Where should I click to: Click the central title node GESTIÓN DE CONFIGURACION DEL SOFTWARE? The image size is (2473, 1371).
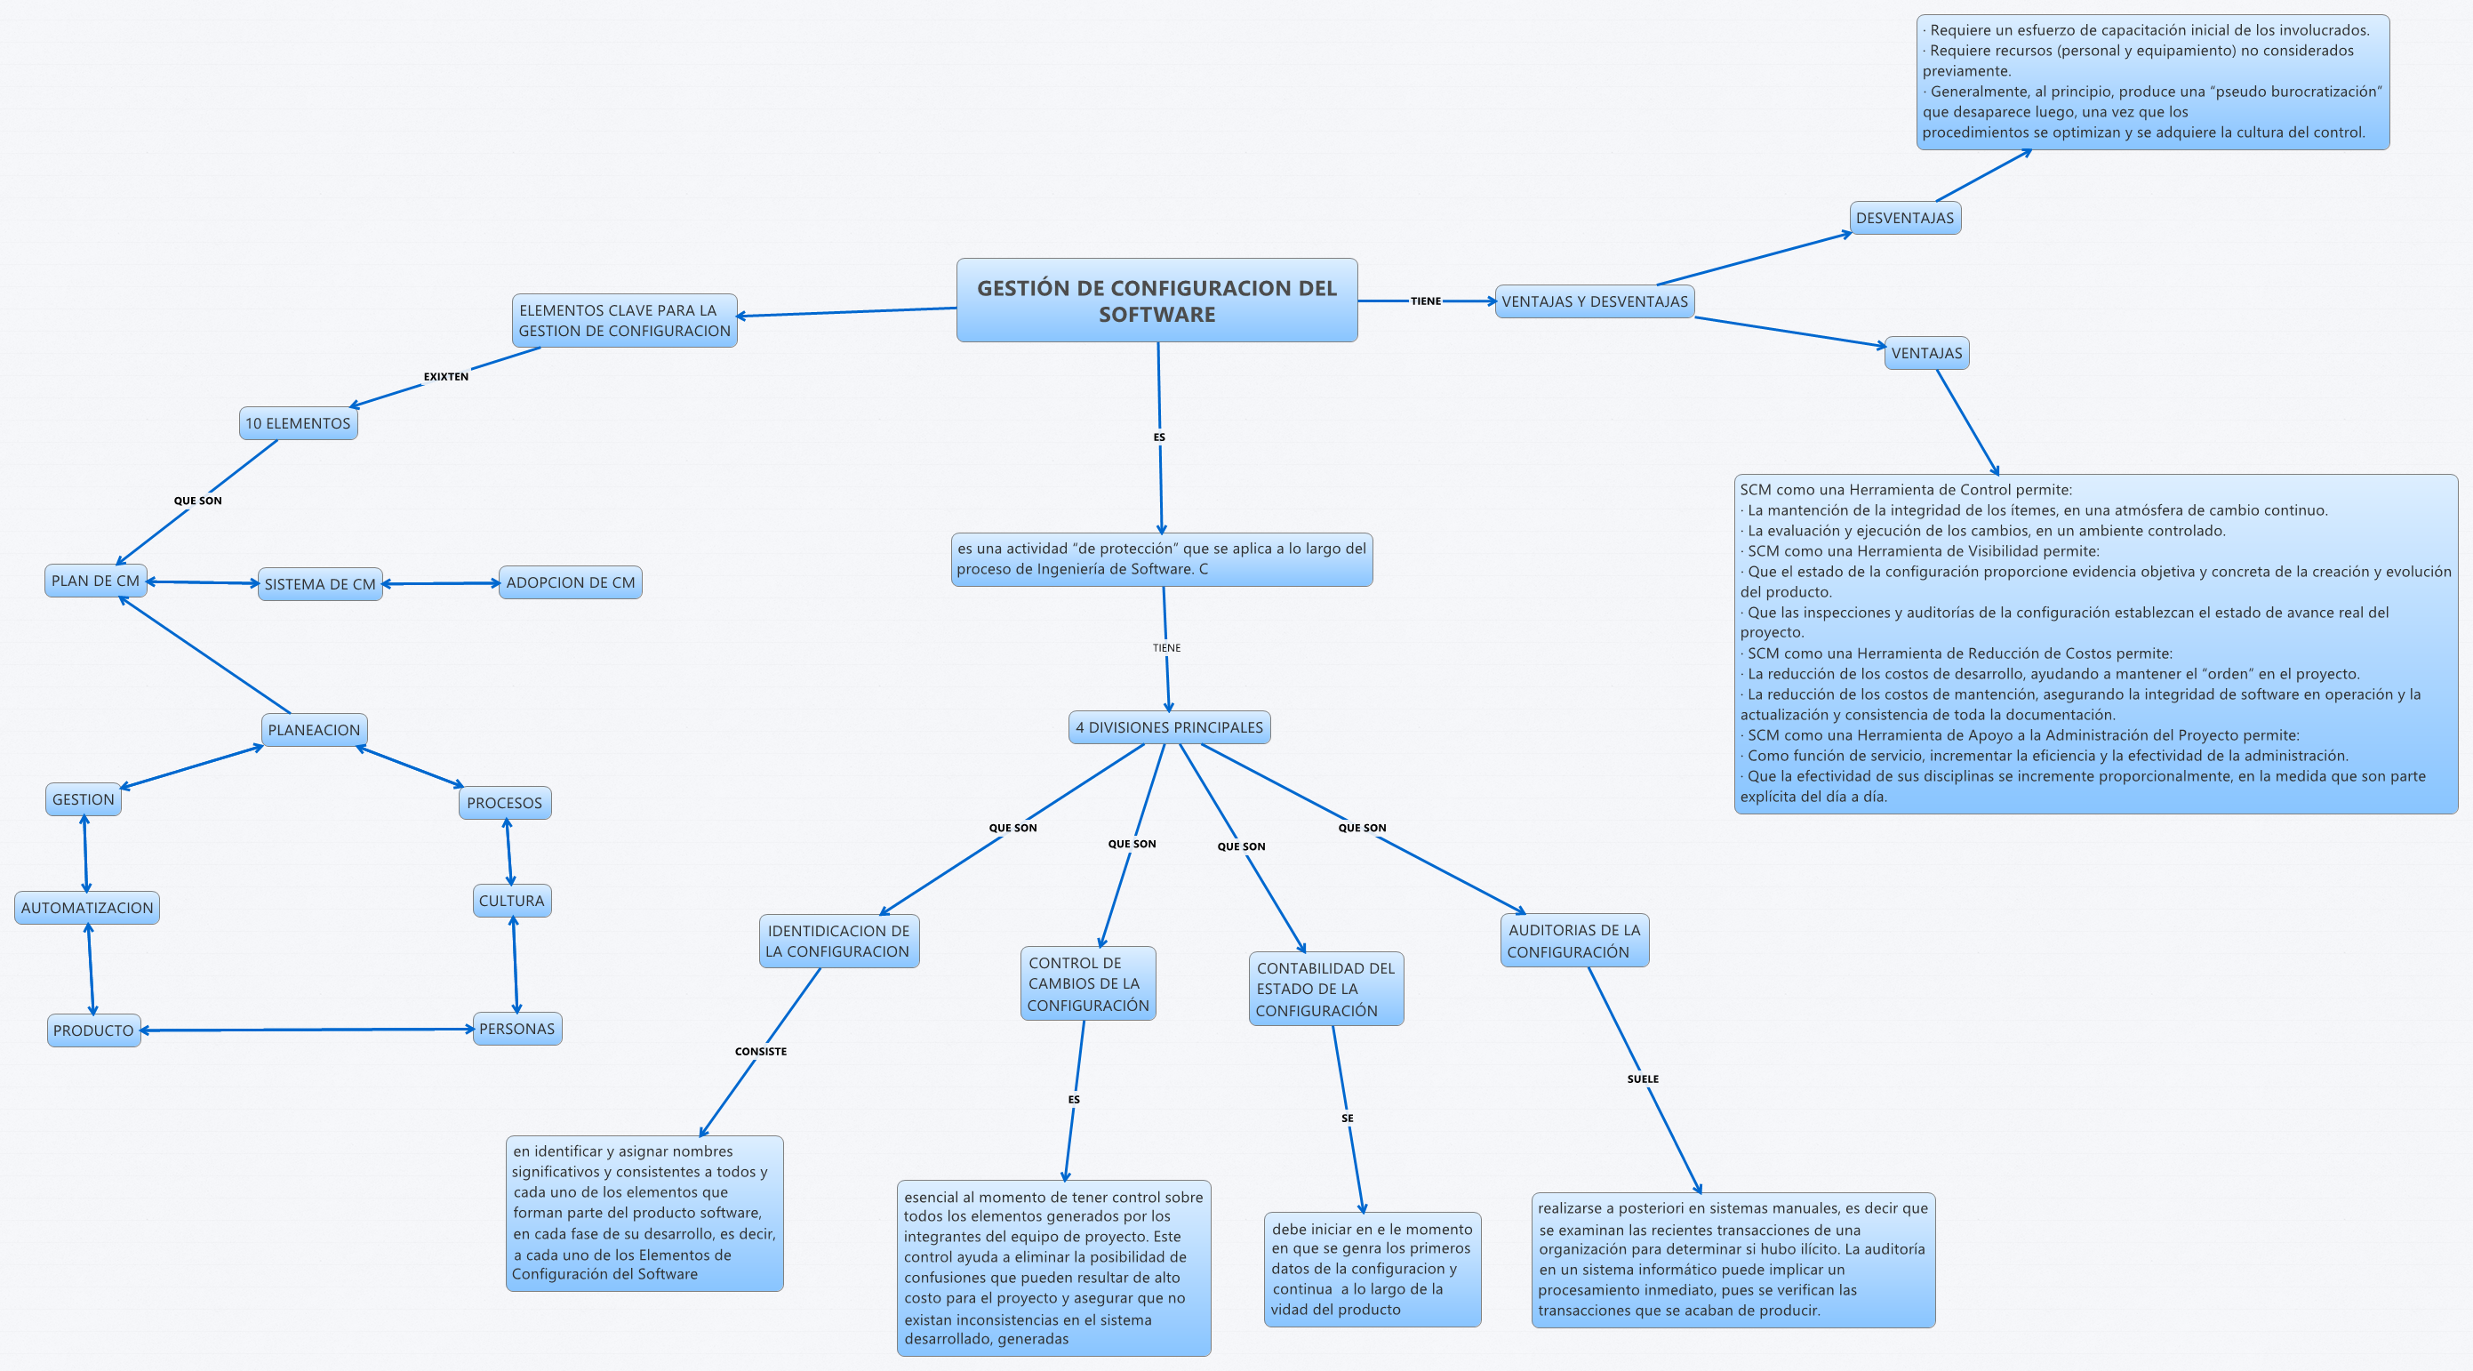pyautogui.click(x=1156, y=301)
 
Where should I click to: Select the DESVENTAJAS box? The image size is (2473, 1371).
pyautogui.click(x=1905, y=218)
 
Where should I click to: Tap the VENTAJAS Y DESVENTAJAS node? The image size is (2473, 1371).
pyautogui.click(x=1594, y=301)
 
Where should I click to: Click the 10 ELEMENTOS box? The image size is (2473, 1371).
pyautogui.click(x=298, y=423)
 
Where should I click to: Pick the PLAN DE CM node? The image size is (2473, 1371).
pyautogui.click(x=95, y=581)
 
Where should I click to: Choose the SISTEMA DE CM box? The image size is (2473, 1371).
pyautogui.click(x=320, y=584)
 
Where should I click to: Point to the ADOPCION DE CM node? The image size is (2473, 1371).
pyautogui.click(x=571, y=582)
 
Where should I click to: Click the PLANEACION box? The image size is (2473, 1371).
pyautogui.click(x=314, y=730)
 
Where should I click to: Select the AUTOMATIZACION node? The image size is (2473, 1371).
pyautogui.click(x=87, y=907)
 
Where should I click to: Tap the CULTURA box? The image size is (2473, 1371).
pyautogui.click(x=512, y=901)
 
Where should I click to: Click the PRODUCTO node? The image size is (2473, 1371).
pyautogui.click(x=93, y=1030)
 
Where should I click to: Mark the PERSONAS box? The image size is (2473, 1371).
pyautogui.click(x=516, y=1028)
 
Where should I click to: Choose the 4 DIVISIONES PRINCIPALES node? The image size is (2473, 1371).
pyautogui.click(x=1168, y=728)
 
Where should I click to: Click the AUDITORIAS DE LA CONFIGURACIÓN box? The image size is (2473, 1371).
pyautogui.click(x=1573, y=941)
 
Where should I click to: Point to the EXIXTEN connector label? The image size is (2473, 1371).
pyautogui.click(x=446, y=376)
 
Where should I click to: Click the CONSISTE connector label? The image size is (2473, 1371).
pyautogui.click(x=760, y=1051)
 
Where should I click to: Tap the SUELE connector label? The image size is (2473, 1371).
pyautogui.click(x=1643, y=1079)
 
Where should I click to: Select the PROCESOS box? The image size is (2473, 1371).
pyautogui.click(x=504, y=803)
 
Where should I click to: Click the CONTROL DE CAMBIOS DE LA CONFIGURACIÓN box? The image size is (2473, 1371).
pyautogui.click(x=1088, y=984)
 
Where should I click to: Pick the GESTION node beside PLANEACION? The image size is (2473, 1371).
pyautogui.click(x=84, y=798)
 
